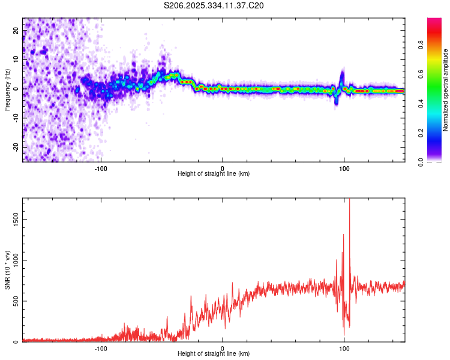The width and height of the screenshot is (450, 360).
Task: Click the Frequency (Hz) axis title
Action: pyautogui.click(x=7, y=89)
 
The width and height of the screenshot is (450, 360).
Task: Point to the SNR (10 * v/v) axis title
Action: pyautogui.click(x=7, y=270)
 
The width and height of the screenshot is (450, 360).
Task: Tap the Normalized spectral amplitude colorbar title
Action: pyautogui.click(x=445, y=90)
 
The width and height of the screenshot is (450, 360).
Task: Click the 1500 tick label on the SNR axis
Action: pyautogui.click(x=13, y=220)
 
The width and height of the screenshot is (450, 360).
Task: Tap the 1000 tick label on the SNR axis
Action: pyautogui.click(x=13, y=260)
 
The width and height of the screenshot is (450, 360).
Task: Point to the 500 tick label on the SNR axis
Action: pyautogui.click(x=15, y=301)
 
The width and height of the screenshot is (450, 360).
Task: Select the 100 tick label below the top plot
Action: pyautogui.click(x=344, y=167)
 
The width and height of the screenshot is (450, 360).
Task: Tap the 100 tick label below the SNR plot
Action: pyautogui.click(x=344, y=348)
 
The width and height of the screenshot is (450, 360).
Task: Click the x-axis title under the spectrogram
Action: pyautogui.click(x=214, y=174)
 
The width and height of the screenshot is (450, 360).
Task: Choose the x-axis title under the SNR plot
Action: pyautogui.click(x=214, y=355)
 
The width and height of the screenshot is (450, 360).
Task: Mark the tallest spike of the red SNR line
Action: pyautogui.click(x=349, y=200)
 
